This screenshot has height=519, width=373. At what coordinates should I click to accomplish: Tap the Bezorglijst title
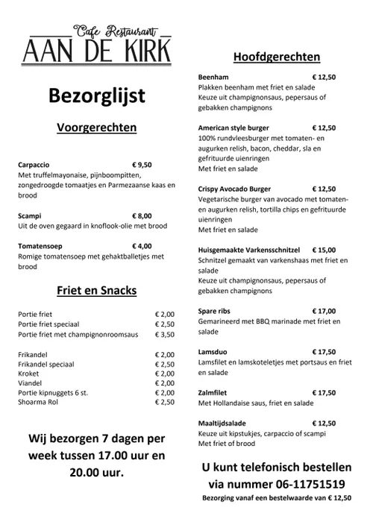(x=96, y=96)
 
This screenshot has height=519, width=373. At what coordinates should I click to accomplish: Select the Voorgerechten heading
(x=96, y=128)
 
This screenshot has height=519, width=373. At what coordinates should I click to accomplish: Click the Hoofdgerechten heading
(x=277, y=57)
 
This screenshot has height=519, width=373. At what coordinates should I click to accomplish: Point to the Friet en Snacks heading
(x=96, y=290)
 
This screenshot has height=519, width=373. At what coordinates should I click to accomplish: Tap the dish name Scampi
(x=31, y=216)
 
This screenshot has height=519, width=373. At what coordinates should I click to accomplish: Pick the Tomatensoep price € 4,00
(x=142, y=245)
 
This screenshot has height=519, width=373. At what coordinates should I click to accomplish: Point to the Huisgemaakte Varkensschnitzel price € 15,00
(x=324, y=250)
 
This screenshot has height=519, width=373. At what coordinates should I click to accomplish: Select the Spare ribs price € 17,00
(x=324, y=311)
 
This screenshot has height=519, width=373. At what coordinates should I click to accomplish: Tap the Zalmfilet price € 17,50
(x=324, y=392)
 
